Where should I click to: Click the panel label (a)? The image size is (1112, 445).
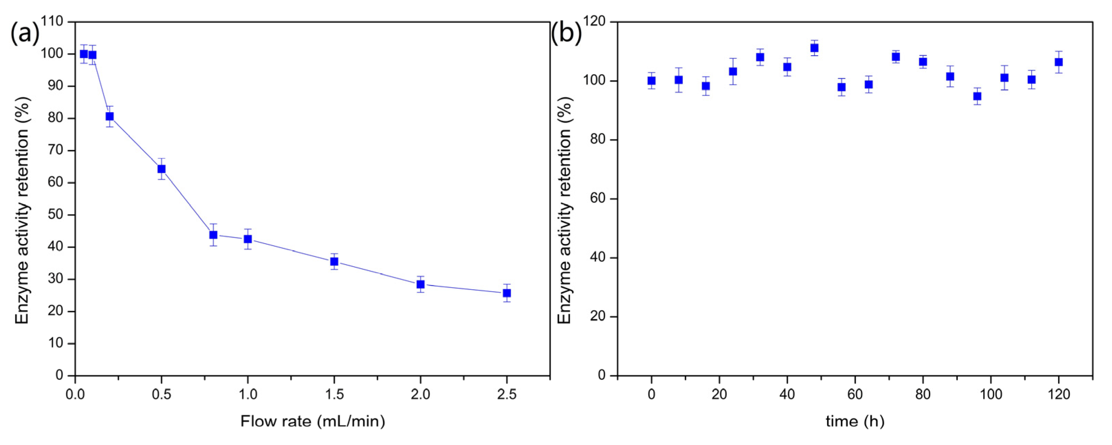pyautogui.click(x=25, y=33)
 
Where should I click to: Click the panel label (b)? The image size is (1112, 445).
pyautogui.click(x=566, y=33)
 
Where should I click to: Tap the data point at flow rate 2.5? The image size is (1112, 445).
pyautogui.click(x=507, y=293)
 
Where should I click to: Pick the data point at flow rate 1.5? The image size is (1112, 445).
pyautogui.click(x=334, y=261)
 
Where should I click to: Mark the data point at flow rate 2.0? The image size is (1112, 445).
pyautogui.click(x=421, y=284)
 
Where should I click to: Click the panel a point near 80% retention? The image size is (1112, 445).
pyautogui.click(x=110, y=116)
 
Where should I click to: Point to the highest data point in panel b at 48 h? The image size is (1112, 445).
pyautogui.click(x=814, y=48)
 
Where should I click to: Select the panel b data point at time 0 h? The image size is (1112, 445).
pyautogui.click(x=652, y=81)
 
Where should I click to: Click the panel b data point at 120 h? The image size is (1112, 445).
pyautogui.click(x=1058, y=62)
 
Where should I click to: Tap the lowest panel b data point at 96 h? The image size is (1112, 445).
pyautogui.click(x=977, y=96)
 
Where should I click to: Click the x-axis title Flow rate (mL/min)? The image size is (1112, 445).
pyautogui.click(x=312, y=421)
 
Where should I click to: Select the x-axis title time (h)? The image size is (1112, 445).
pyautogui.click(x=855, y=421)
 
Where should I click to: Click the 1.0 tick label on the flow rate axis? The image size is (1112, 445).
pyautogui.click(x=248, y=394)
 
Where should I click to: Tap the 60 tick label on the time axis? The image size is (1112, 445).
pyautogui.click(x=855, y=394)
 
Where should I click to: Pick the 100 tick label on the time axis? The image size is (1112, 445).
pyautogui.click(x=991, y=394)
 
